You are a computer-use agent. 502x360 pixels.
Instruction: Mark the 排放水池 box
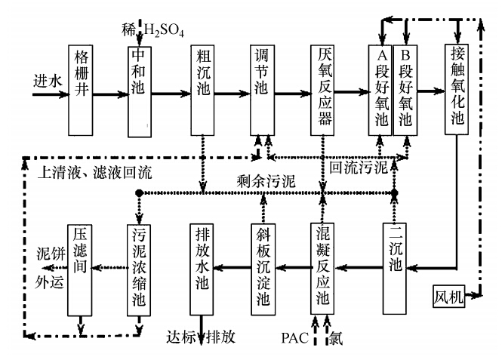[x=202, y=266]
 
